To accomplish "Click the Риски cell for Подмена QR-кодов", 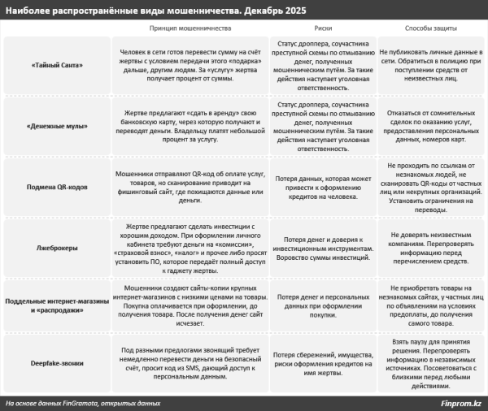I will [321, 187].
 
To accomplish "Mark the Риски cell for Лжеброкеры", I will [321, 244].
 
